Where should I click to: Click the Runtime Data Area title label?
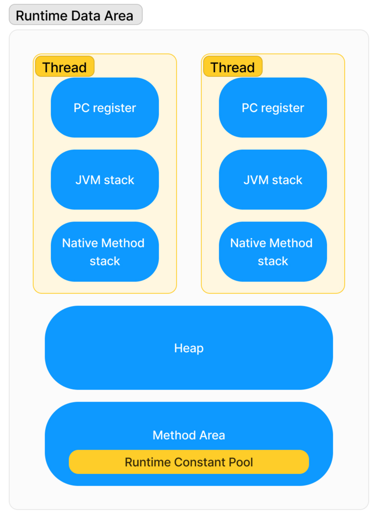point(75,15)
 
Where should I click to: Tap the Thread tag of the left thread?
point(65,67)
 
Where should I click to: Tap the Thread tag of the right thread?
point(233,67)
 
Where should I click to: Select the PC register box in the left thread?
point(105,108)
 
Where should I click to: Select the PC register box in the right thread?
point(273,108)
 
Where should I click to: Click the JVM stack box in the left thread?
point(105,180)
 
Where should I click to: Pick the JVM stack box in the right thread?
point(273,180)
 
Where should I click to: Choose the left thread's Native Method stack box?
point(105,252)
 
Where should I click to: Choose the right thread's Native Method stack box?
point(273,252)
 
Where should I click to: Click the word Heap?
point(189,348)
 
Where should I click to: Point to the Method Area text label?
point(189,435)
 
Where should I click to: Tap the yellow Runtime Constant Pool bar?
point(189,462)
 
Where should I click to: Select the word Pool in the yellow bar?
point(241,462)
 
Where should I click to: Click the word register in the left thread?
point(114,108)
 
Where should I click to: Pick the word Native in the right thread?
point(248,243)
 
